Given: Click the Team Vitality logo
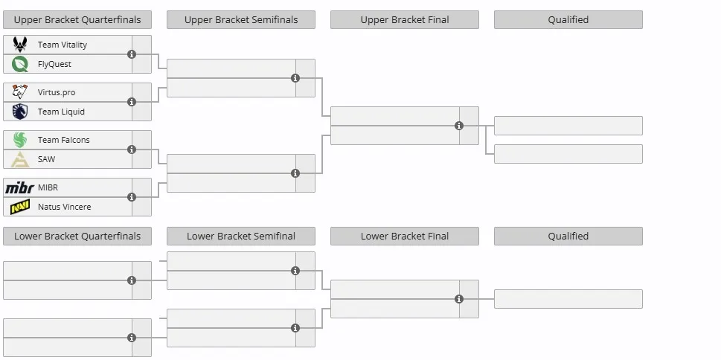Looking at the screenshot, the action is coord(20,45).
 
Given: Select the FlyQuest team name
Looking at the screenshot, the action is coord(54,64).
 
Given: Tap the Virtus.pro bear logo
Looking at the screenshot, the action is coord(20,92).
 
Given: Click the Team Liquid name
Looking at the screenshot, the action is coord(61,112).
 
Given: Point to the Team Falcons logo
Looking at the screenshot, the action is coord(20,140).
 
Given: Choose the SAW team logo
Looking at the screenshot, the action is coord(20,159).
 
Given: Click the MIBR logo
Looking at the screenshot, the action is coord(20,187).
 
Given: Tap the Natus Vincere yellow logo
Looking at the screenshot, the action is coord(20,207).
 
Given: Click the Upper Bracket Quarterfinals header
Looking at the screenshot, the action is coord(77,20).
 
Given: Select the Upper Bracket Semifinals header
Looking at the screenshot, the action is coord(241,20).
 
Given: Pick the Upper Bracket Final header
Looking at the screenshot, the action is coord(405,20).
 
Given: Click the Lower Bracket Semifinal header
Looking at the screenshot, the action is coord(241,237).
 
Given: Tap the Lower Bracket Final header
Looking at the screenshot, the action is coord(405,237).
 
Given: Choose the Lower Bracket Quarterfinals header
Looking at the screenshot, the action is coord(77,237).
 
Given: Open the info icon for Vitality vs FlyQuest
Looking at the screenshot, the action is coord(132,54).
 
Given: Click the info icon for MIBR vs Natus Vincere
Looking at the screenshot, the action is coord(132,197).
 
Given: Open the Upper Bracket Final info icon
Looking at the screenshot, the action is coord(459,126).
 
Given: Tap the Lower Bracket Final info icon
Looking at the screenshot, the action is coord(459,299).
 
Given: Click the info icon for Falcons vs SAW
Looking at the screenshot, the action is coord(132,150).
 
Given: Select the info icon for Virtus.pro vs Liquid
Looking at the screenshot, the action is coord(132,102).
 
